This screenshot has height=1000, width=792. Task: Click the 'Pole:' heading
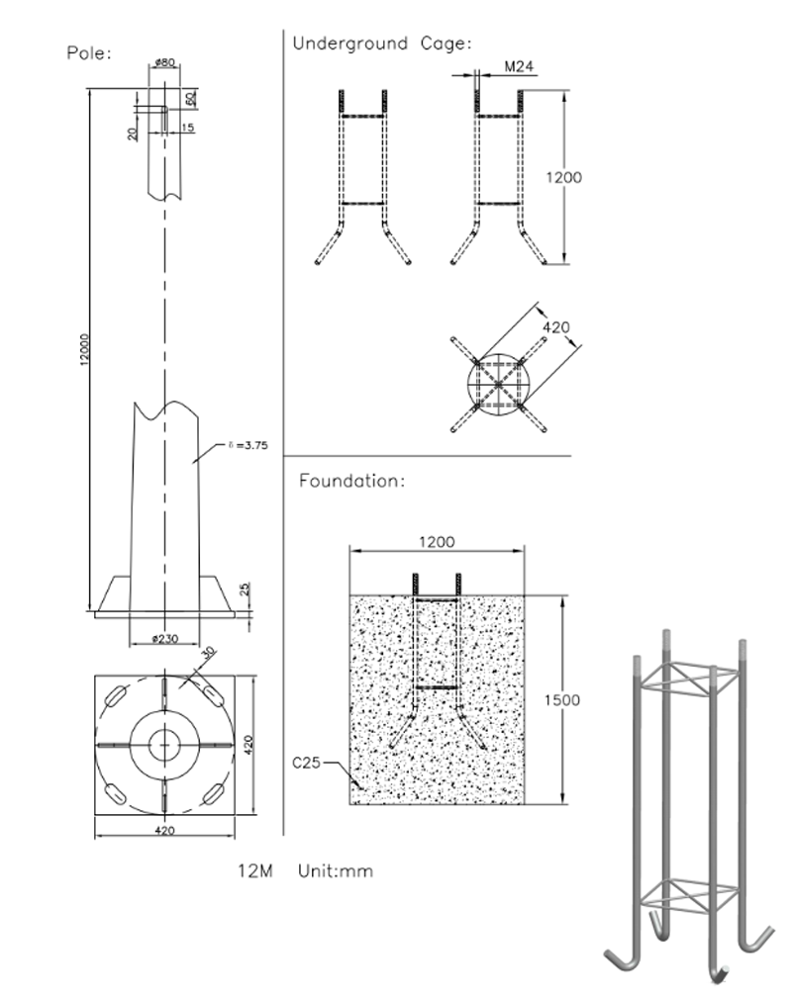88,52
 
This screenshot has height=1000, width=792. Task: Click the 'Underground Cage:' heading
381,44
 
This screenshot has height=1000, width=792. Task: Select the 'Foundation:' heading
351,482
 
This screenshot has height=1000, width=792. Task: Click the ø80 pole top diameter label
164,63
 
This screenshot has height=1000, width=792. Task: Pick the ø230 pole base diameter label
164,639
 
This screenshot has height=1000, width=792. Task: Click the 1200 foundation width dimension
437,542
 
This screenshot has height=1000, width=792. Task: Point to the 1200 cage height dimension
564,178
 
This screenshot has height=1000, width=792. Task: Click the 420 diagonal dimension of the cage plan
556,327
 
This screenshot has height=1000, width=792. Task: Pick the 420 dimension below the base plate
164,831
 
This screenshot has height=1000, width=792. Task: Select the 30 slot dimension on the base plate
209,654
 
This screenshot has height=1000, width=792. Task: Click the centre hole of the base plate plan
164,741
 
